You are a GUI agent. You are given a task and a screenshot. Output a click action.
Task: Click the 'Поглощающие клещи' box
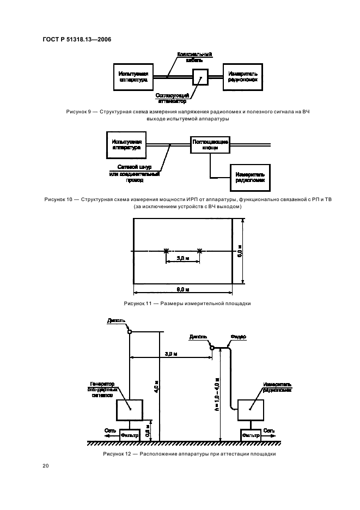(209, 144)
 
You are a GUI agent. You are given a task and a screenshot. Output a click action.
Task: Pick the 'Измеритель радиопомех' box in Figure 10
(249, 177)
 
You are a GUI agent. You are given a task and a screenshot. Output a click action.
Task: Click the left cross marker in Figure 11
(166, 251)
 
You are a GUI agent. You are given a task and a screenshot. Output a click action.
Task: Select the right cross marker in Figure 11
(199, 251)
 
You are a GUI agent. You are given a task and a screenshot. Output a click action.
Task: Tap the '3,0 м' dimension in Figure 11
(182, 258)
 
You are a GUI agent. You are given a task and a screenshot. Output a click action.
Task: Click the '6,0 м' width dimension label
(182, 288)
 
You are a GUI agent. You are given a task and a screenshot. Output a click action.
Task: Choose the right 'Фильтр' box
(251, 435)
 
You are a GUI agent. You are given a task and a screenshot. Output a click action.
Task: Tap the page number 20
(46, 465)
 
